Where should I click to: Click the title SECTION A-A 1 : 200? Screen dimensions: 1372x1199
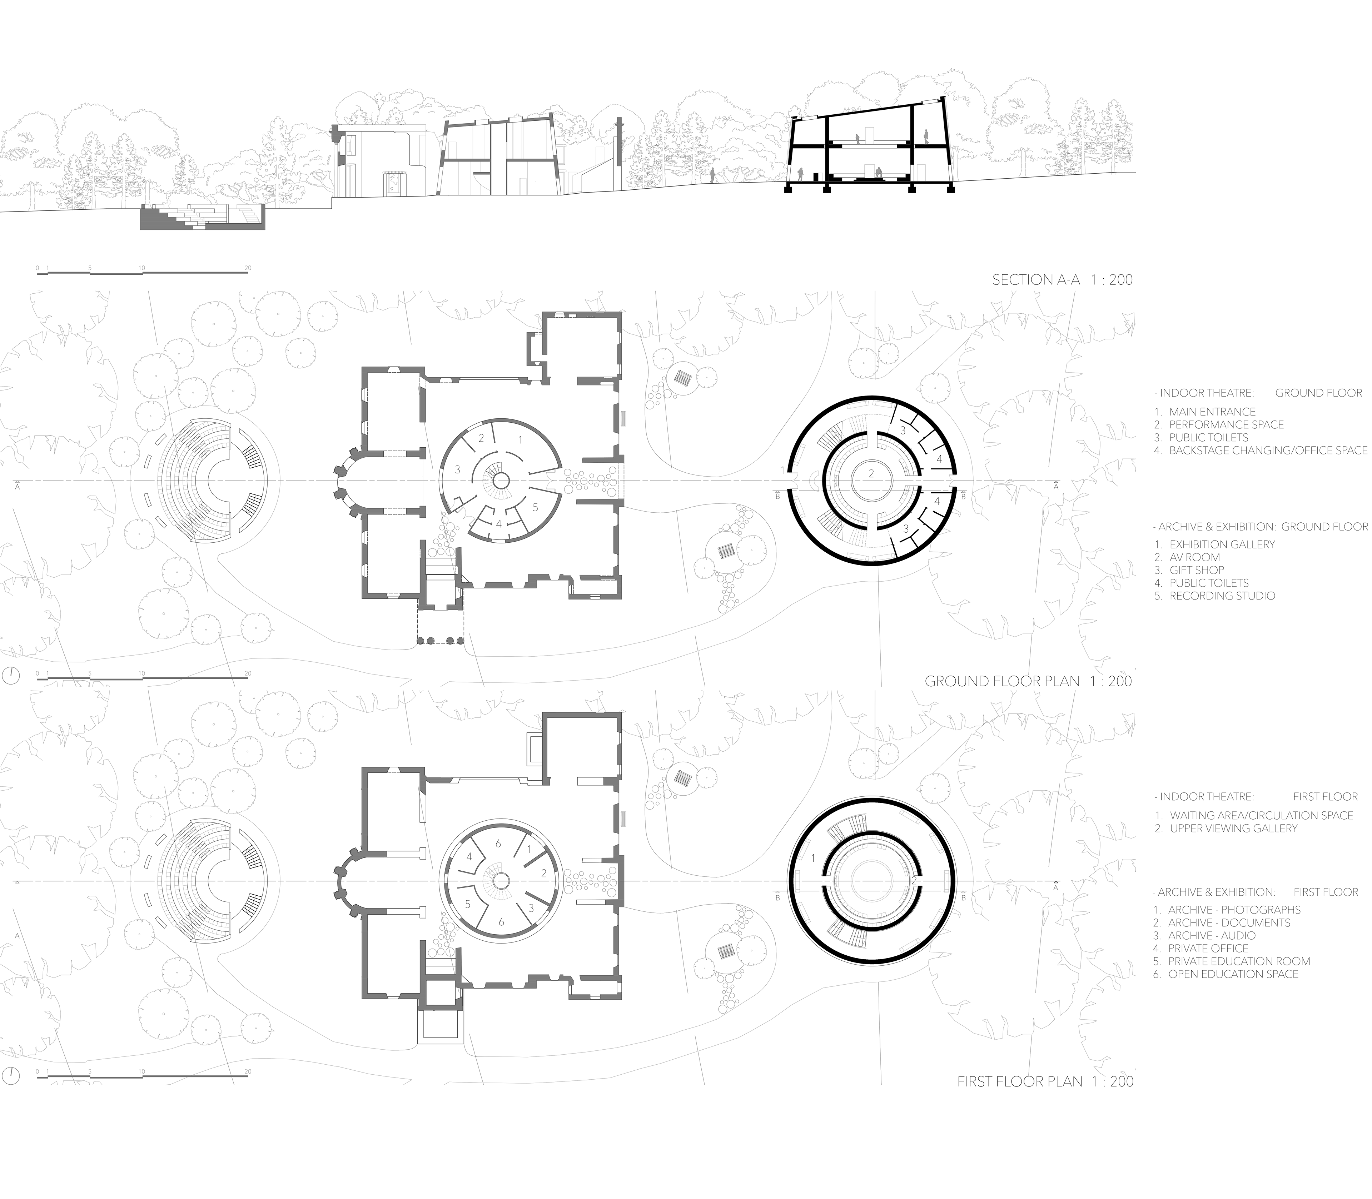1062,280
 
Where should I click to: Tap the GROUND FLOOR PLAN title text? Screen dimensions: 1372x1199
1028,681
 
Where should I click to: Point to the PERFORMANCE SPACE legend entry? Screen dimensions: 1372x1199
1219,424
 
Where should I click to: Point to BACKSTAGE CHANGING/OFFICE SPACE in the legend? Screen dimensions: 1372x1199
1261,450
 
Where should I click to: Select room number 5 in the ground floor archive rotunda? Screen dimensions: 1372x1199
535,507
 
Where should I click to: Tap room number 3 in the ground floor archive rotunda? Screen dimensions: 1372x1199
458,470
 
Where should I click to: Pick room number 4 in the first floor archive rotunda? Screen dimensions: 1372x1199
469,856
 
